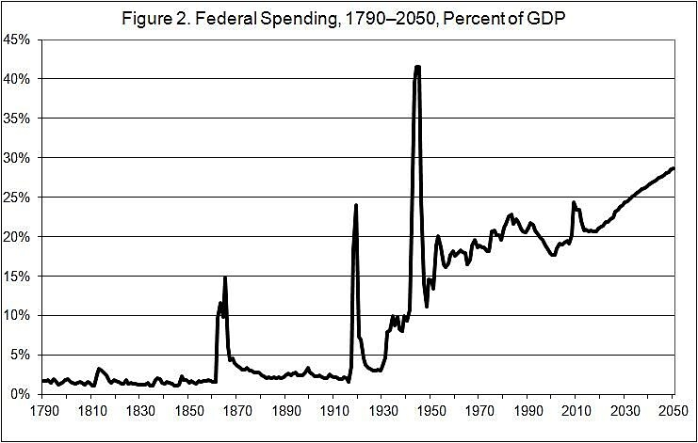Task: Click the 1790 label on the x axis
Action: click(41, 411)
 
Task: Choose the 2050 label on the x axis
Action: click(674, 411)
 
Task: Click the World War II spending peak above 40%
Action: click(417, 67)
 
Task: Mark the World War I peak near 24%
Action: click(356, 205)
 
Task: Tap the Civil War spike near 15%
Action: click(225, 277)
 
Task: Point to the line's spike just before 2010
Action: click(574, 202)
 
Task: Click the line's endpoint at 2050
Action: click(674, 168)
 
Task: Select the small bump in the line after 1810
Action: click(99, 369)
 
